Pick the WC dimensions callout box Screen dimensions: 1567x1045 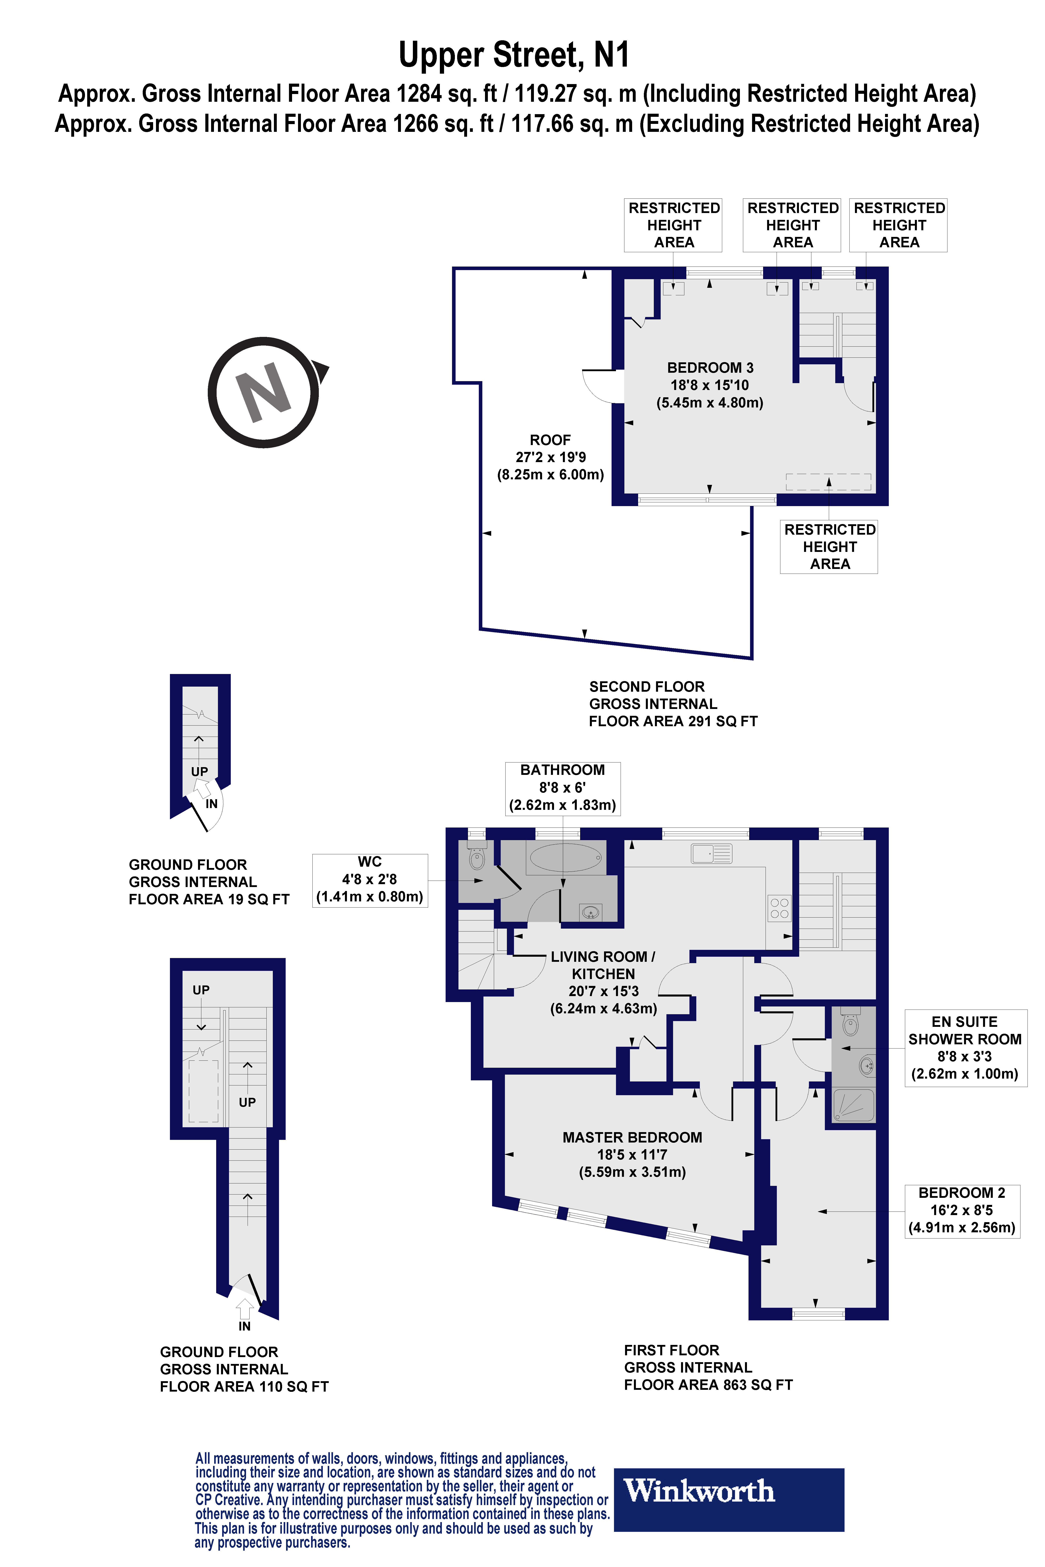click(370, 880)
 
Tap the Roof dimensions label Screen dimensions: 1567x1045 click(550, 457)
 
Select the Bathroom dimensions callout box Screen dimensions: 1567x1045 click(562, 787)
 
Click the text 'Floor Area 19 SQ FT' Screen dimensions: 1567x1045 click(209, 899)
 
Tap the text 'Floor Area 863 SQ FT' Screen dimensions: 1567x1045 click(708, 1385)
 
